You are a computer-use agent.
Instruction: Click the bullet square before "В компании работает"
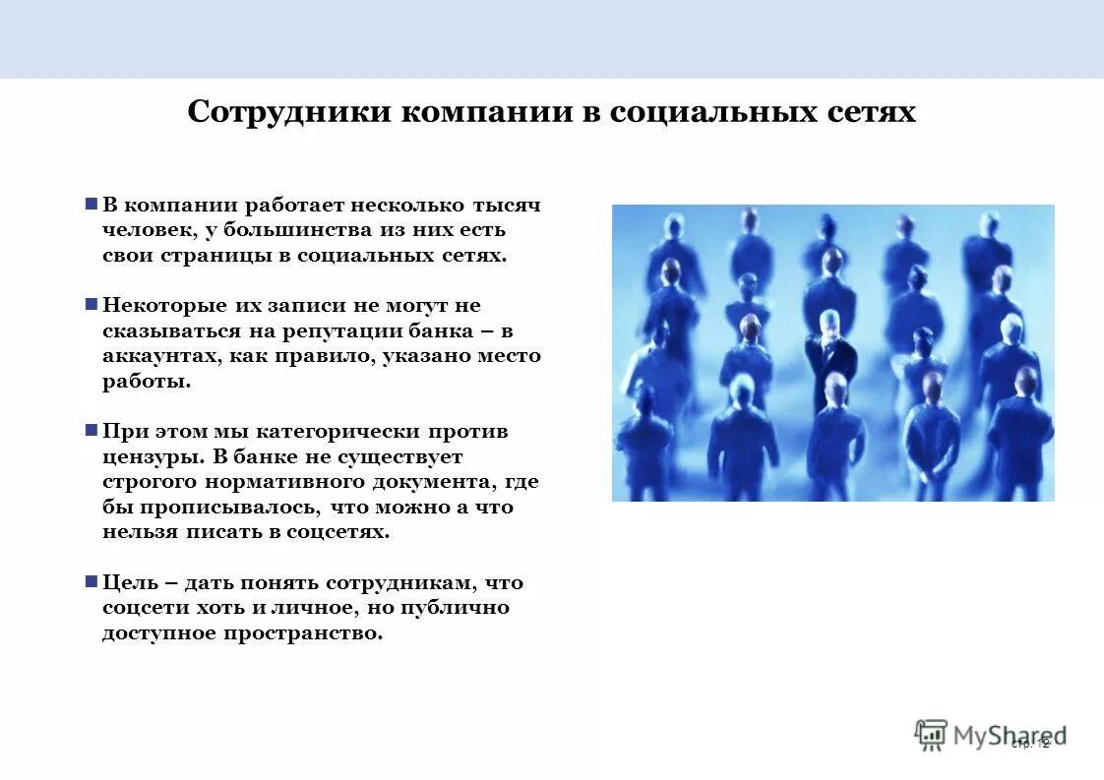(x=91, y=205)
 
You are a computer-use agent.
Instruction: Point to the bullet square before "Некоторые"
(x=91, y=305)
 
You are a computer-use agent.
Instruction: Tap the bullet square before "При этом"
(x=91, y=431)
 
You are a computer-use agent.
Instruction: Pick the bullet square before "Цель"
(x=91, y=581)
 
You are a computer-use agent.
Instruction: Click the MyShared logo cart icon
(x=930, y=734)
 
